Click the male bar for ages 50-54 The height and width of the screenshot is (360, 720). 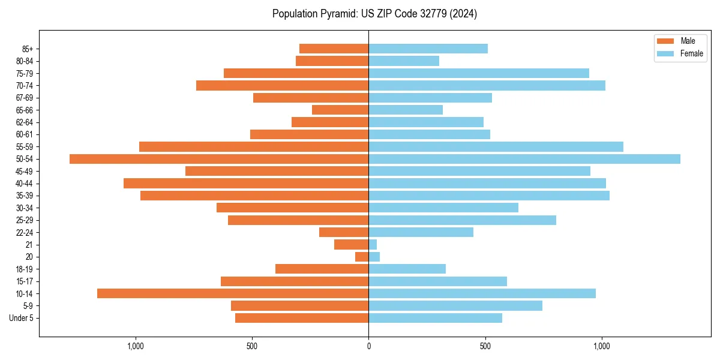(219, 159)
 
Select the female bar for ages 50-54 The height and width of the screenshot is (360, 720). (524, 159)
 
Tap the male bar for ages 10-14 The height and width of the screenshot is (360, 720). (233, 293)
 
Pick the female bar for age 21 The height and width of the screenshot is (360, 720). (373, 245)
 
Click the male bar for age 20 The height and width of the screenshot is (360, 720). (362, 257)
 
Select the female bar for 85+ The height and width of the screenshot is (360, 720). (428, 49)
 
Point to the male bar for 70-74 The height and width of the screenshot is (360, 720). (282, 85)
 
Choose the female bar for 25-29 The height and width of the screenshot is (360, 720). (462, 220)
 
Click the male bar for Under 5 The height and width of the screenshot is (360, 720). (302, 318)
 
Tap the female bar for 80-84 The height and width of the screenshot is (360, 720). (404, 61)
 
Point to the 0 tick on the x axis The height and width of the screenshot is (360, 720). (368, 346)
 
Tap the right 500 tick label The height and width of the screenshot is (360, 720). (485, 346)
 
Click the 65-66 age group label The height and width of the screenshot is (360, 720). (24, 110)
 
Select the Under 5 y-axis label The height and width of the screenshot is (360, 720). (21, 318)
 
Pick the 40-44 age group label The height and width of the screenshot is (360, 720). (24, 184)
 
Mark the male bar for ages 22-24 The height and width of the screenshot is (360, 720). (344, 232)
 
